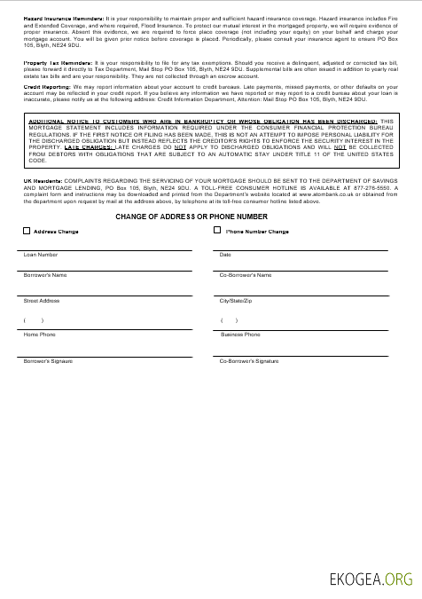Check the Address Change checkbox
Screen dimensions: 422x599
coord(27,231)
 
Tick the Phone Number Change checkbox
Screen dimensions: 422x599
coord(217,231)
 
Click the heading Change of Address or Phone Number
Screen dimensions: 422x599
coord(191,217)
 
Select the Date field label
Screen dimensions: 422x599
coord(225,255)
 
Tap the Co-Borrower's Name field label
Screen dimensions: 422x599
coord(246,275)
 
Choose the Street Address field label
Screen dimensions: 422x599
coord(42,301)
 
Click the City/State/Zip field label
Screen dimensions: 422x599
coord(237,301)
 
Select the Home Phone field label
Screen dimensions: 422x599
coord(39,335)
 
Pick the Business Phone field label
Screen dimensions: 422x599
coord(240,335)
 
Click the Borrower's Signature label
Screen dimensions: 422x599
coord(48,361)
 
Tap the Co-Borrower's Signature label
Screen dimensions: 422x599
coord(249,361)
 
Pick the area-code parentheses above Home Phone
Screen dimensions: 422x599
coord(34,319)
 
